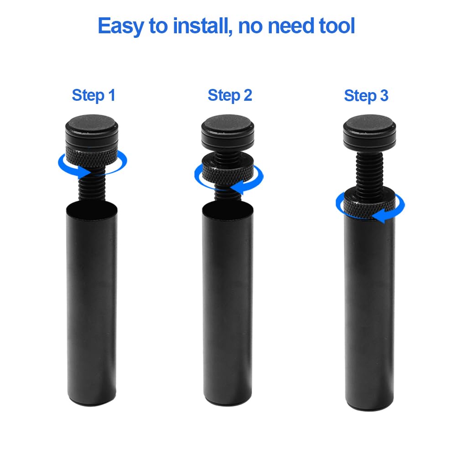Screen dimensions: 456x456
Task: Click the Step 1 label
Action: (93, 95)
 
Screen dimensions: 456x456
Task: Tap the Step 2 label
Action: (230, 95)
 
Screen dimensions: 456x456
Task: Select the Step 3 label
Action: (366, 96)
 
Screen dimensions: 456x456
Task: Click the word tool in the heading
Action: (337, 26)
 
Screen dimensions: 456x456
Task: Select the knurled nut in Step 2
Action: (228, 173)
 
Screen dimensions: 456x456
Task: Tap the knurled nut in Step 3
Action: (369, 203)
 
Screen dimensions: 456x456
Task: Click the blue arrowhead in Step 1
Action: (85, 172)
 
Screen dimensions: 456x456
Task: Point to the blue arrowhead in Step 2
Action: (239, 186)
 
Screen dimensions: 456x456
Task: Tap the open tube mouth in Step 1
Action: (92, 208)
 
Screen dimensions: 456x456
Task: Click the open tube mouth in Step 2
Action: (228, 209)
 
